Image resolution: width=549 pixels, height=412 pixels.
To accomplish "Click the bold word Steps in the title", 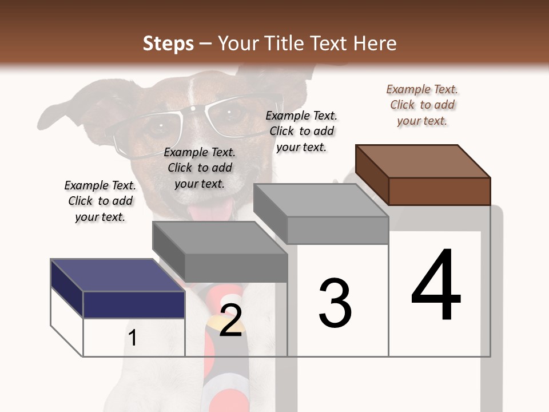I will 168,43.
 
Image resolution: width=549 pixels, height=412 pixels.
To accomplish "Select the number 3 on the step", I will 335,303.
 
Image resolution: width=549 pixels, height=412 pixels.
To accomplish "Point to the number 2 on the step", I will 230,320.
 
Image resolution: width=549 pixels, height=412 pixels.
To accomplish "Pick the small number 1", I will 133,338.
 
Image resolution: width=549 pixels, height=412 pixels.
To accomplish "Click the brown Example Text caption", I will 422,105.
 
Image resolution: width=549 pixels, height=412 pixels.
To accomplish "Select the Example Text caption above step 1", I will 100,201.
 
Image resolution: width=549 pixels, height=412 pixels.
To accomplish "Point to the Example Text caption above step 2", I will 200,168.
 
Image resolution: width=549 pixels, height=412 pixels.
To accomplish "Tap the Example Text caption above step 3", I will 301,131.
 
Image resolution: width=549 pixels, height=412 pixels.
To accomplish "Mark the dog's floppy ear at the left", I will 63,112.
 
